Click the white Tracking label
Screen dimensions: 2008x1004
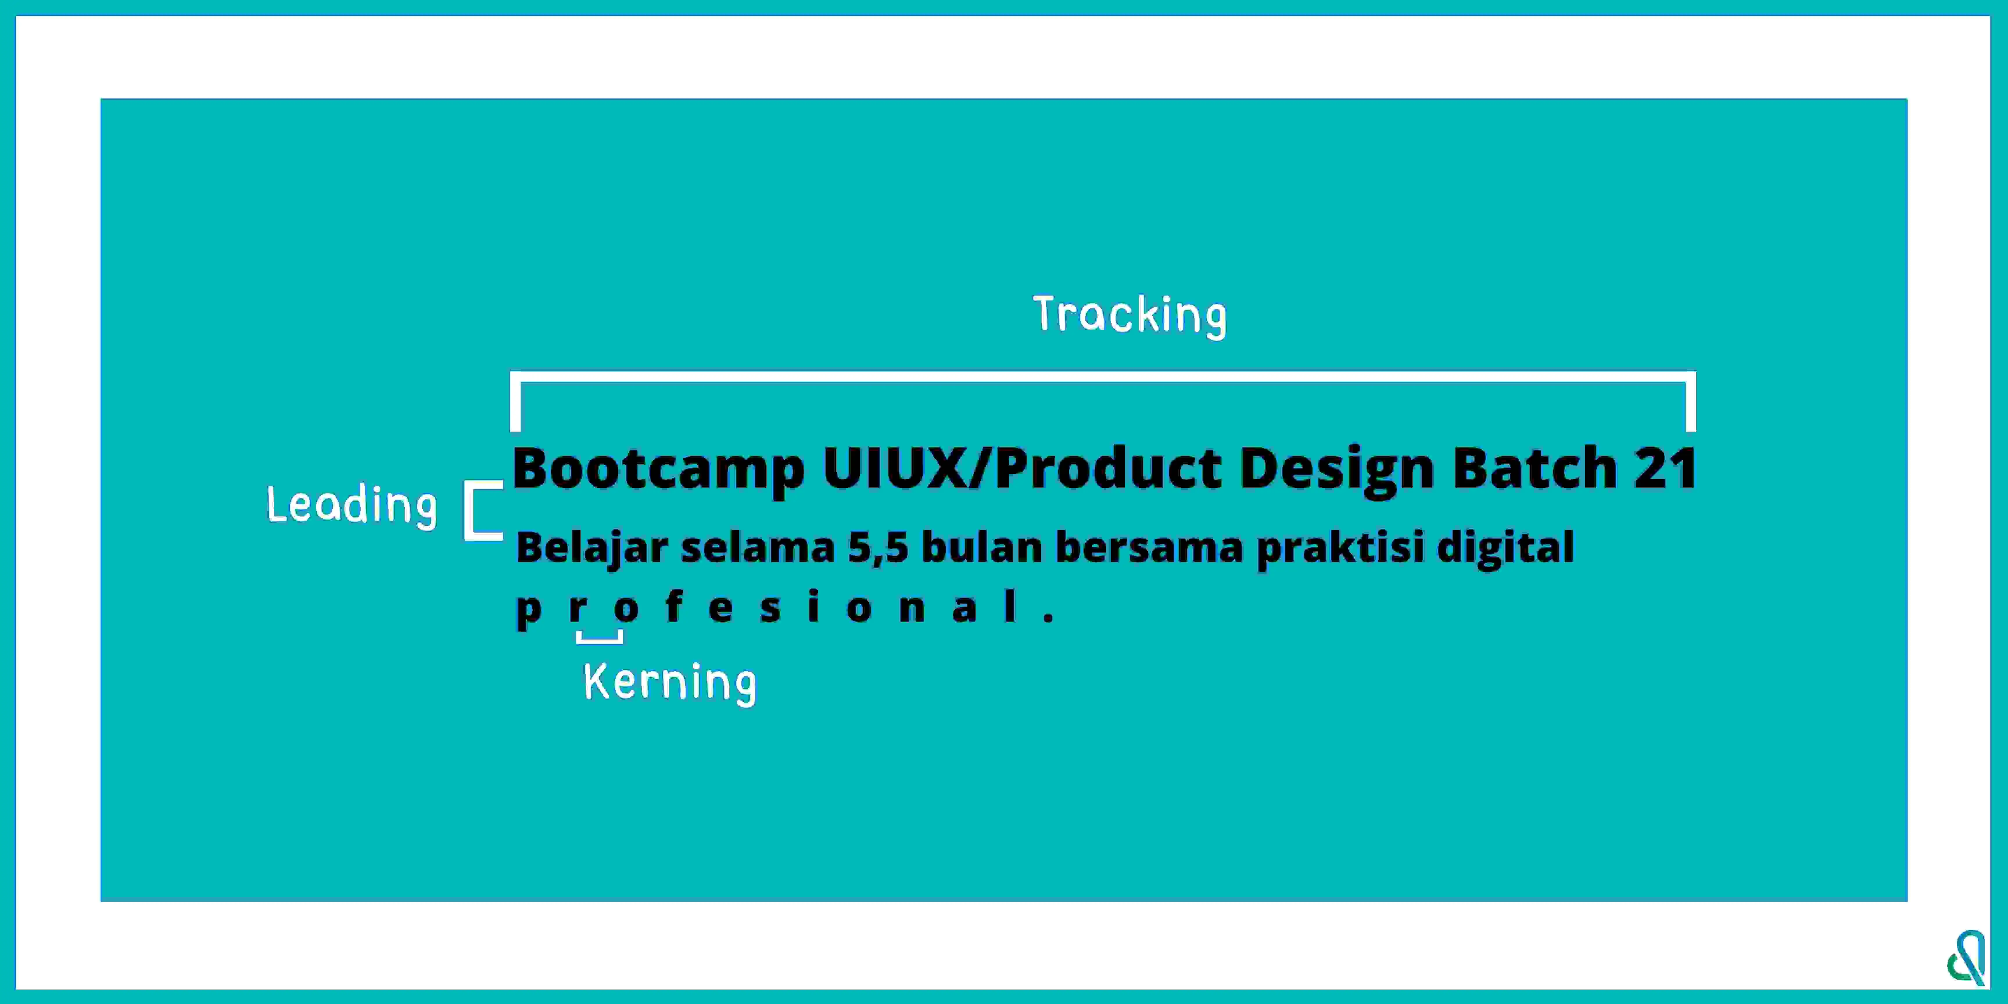[x=1129, y=316]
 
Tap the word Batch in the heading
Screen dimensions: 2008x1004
[x=1535, y=468]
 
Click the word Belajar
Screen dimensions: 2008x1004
[x=592, y=549]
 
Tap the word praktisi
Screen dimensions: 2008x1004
[x=1341, y=549]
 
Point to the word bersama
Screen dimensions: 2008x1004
[x=1150, y=547]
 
